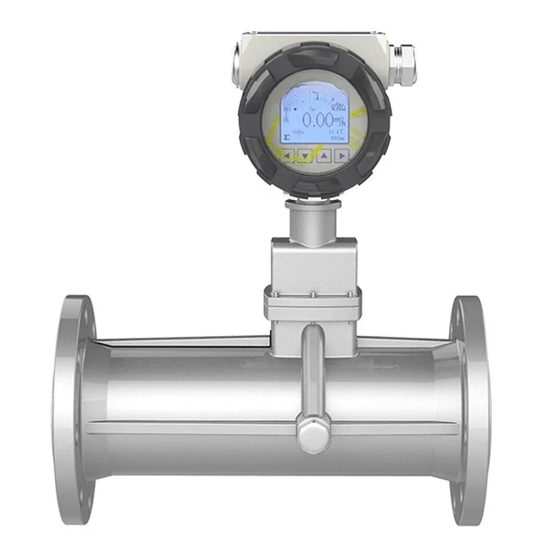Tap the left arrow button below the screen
click(288, 156)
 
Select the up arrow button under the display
click(324, 156)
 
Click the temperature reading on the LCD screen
click(337, 131)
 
